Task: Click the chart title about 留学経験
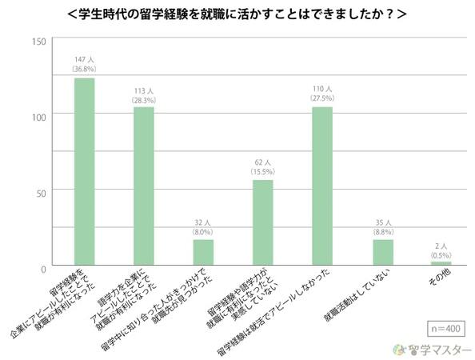[x=237, y=14]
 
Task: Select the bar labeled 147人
[x=84, y=171]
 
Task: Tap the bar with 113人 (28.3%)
[x=144, y=186]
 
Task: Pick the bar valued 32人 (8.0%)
[x=203, y=252]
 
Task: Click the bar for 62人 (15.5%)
[x=263, y=222]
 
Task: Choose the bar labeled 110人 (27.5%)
[x=322, y=186]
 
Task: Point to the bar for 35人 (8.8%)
[x=382, y=252]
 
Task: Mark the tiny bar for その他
[x=441, y=262]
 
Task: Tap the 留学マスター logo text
[x=436, y=349]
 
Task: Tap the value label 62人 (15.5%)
[x=263, y=166]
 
